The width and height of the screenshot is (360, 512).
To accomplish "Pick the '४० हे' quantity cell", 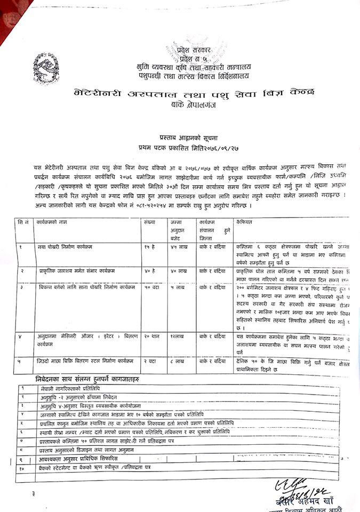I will point(149,271).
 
